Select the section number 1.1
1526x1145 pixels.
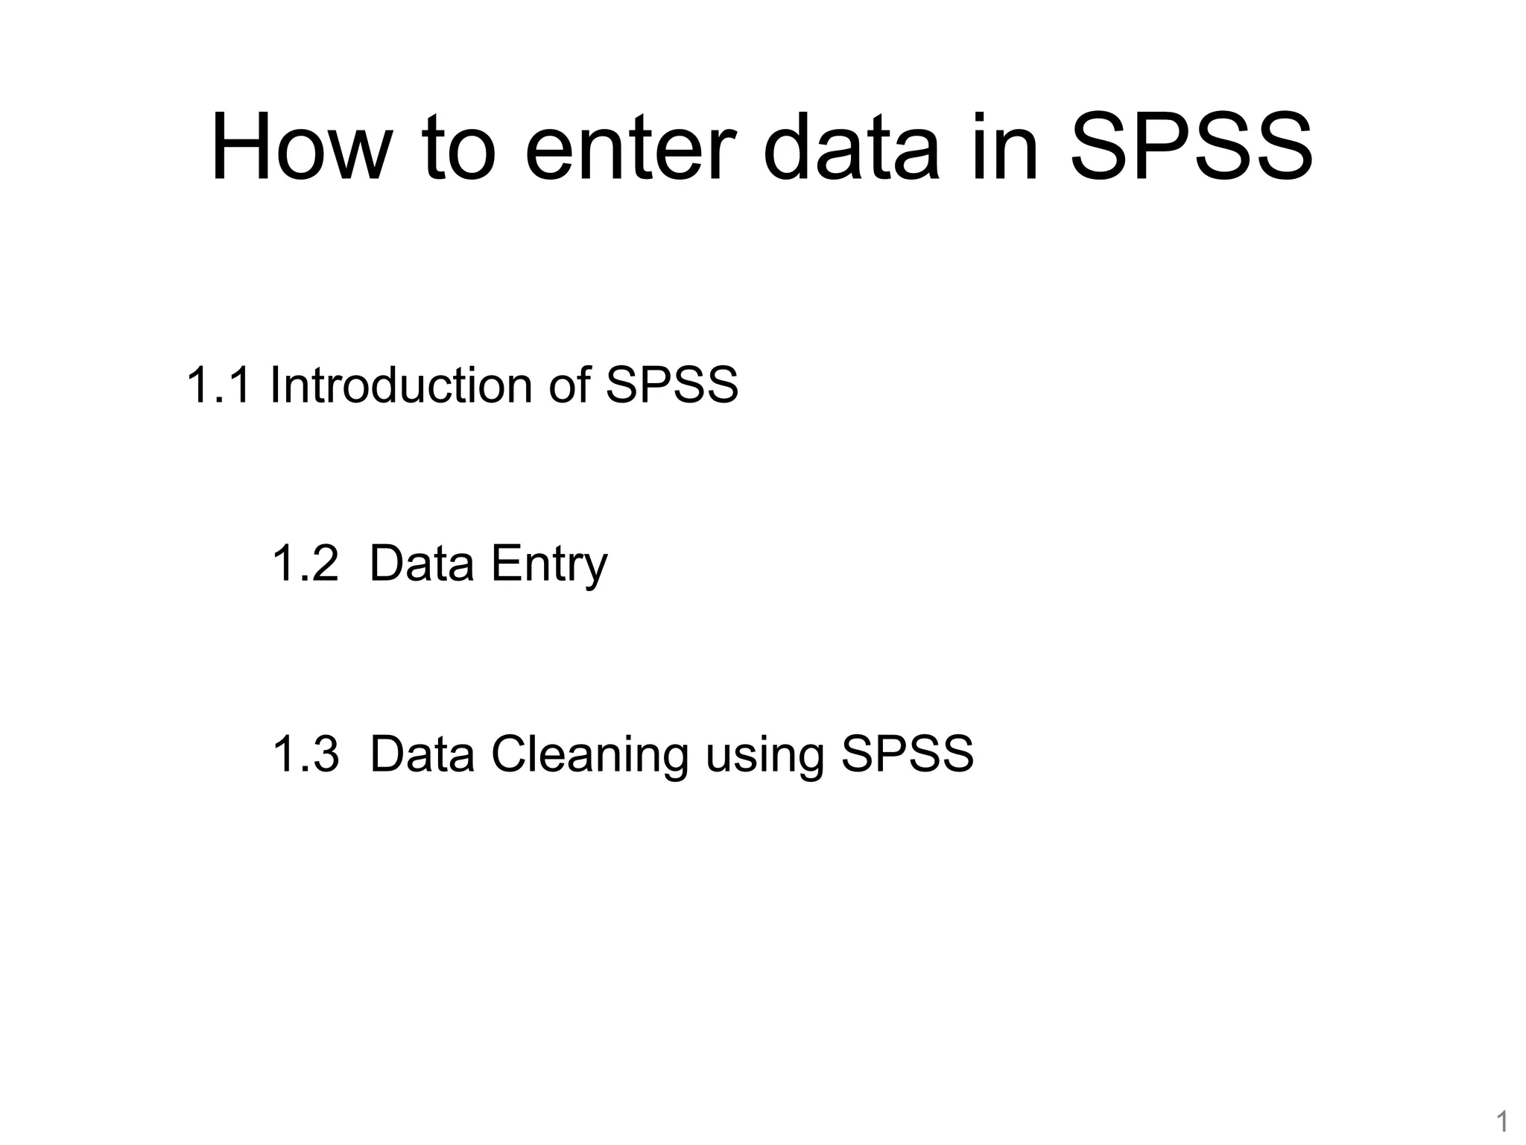click(x=218, y=385)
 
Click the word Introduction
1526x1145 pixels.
click(x=401, y=385)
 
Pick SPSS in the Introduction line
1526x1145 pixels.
click(x=671, y=385)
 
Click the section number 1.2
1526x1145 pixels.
click(x=305, y=564)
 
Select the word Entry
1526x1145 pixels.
click(x=549, y=565)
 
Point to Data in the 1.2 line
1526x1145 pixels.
click(x=422, y=564)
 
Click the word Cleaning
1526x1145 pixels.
click(x=589, y=755)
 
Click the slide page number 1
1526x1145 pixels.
click(x=1502, y=1121)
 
